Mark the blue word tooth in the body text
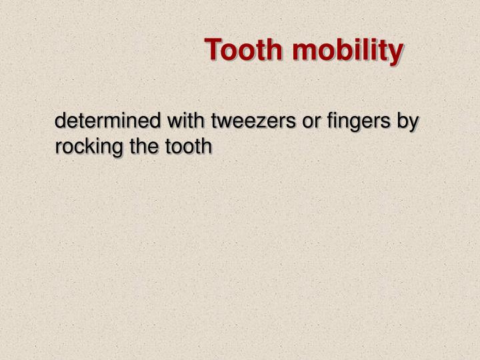click(184, 145)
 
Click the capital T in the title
click(213, 50)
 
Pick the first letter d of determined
click(60, 123)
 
